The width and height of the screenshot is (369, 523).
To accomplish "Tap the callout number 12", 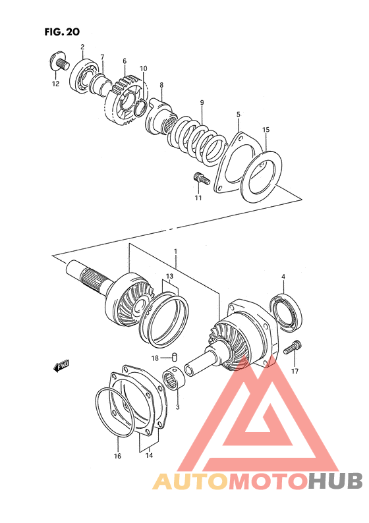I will [x=55, y=84].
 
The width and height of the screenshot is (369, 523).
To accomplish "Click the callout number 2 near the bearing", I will [x=82, y=47].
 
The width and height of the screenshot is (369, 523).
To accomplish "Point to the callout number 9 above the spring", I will [x=202, y=102].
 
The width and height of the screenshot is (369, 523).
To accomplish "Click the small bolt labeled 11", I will [x=200, y=177].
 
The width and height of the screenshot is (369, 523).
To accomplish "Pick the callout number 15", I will [x=266, y=130].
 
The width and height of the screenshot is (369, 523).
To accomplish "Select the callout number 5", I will [x=238, y=115].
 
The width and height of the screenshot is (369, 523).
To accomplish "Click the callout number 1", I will [x=175, y=252].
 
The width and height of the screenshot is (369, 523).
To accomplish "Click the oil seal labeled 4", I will [x=287, y=312].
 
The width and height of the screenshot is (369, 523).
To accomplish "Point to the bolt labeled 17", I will [x=294, y=348].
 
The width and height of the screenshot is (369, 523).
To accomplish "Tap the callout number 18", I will [x=155, y=358].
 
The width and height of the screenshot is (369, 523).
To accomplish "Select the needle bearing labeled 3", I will [x=176, y=383].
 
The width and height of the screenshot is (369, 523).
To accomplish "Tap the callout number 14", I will [x=149, y=455].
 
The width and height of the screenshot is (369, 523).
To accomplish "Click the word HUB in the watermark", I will [x=335, y=482].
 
